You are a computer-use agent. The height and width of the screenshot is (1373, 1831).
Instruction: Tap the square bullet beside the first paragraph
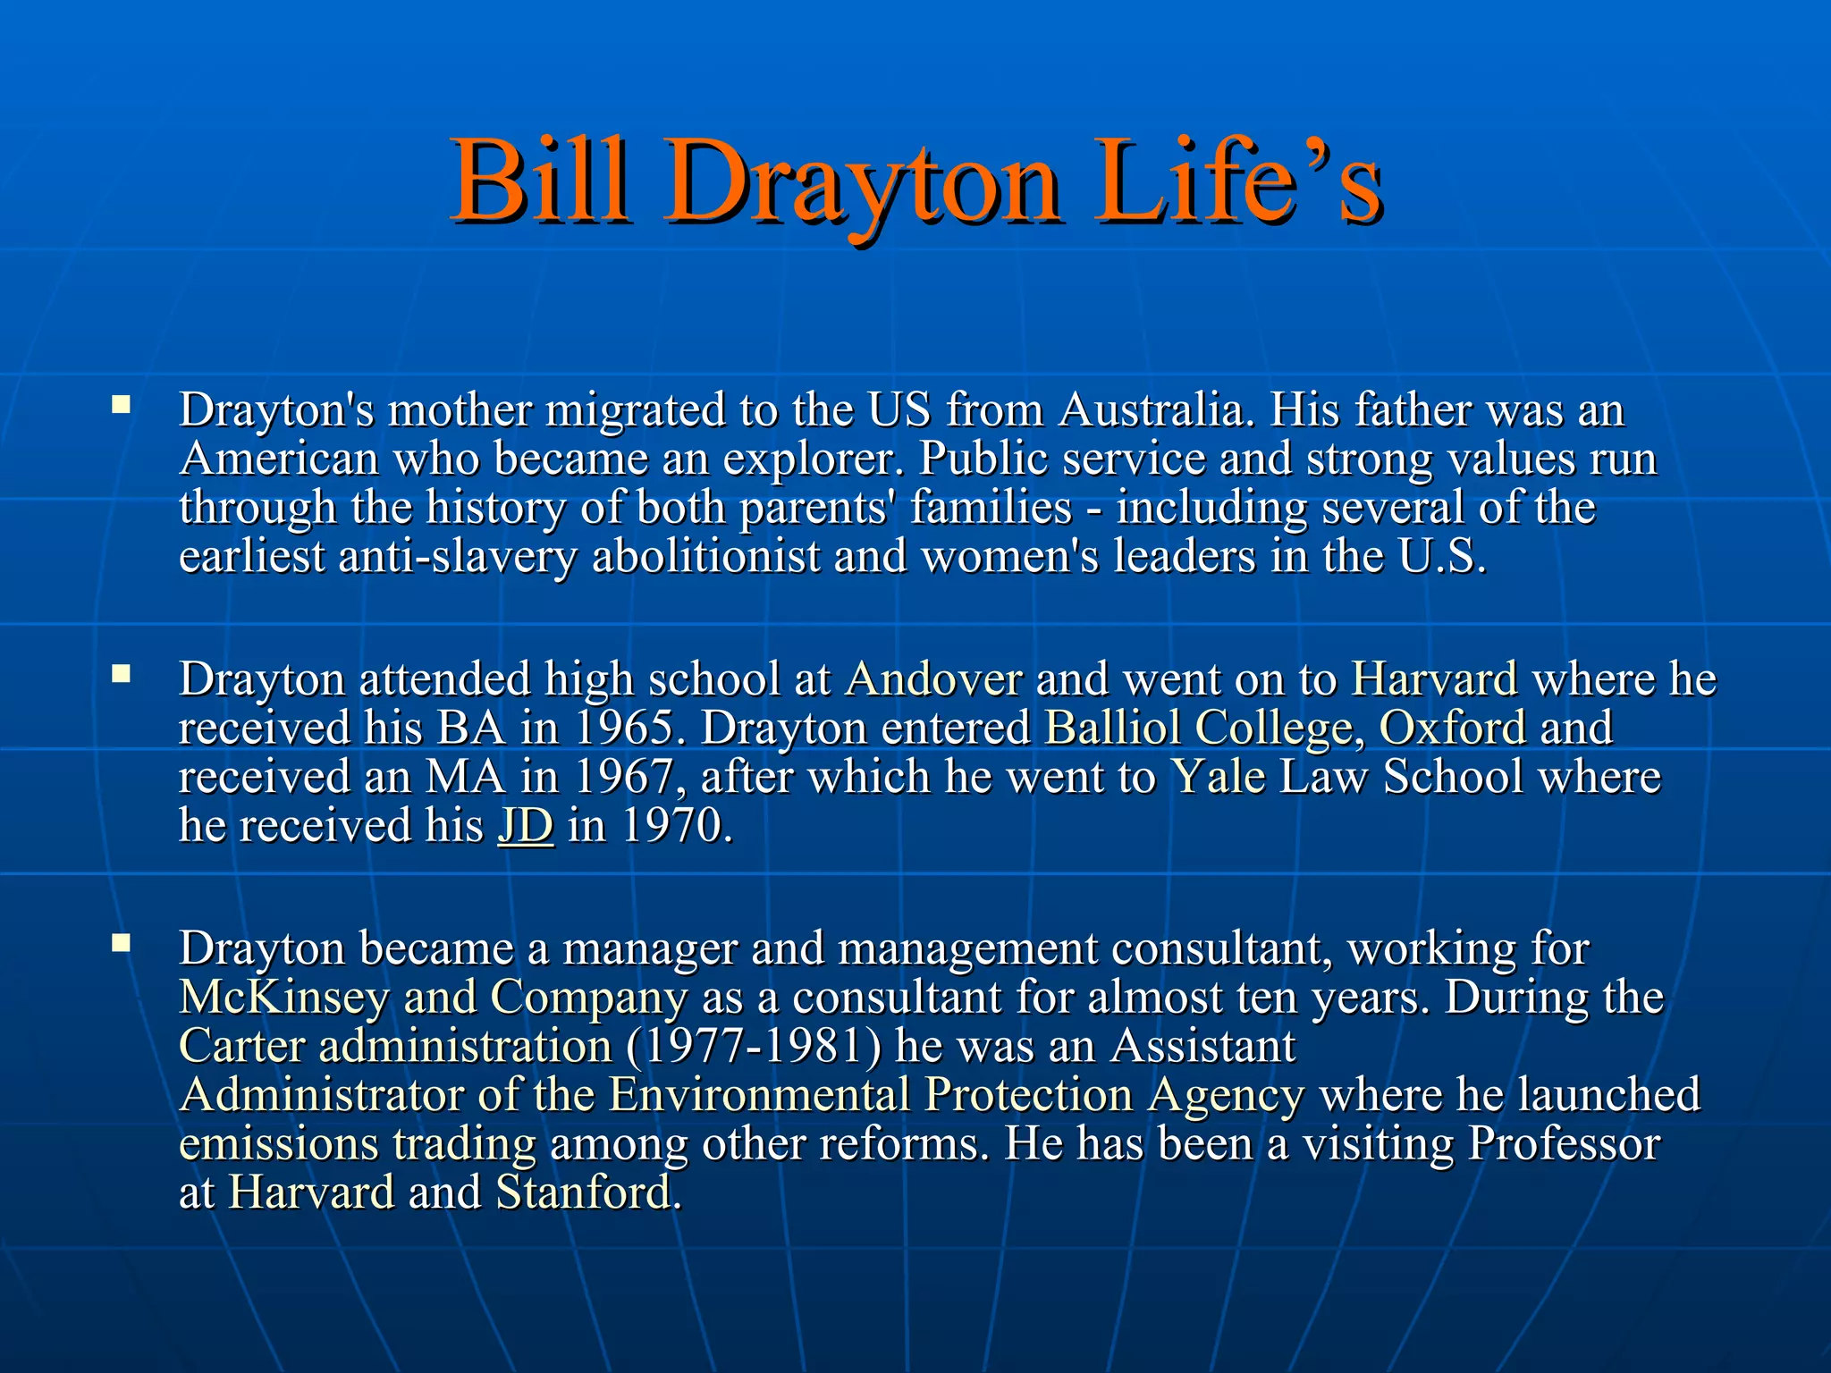121,406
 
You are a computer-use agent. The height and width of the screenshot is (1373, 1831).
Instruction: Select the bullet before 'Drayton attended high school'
121,674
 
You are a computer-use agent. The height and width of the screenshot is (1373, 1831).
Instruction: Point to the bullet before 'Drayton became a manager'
121,942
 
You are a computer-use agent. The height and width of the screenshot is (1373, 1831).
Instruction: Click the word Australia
1151,410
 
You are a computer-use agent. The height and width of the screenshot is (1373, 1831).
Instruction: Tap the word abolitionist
705,557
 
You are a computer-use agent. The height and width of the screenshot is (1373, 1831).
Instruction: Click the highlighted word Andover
932,679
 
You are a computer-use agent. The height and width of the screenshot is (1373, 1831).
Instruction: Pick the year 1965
622,728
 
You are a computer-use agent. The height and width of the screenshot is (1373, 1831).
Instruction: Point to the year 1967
622,777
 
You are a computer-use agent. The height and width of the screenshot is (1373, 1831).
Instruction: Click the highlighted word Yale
1218,777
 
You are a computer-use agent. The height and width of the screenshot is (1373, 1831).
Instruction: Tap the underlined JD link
525,825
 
